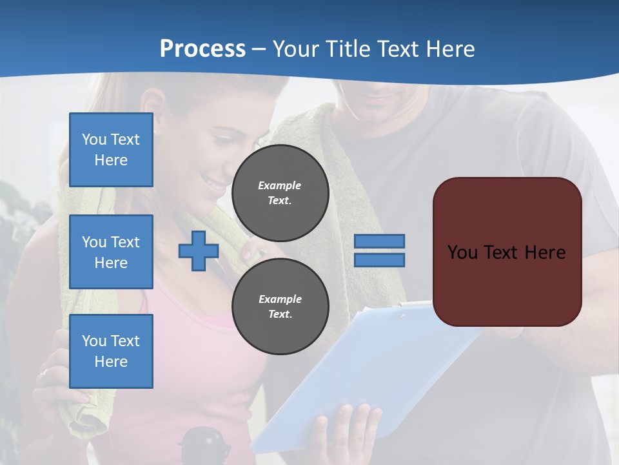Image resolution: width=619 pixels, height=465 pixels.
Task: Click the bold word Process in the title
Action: [x=202, y=49]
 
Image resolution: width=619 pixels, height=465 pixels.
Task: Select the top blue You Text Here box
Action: [x=111, y=150]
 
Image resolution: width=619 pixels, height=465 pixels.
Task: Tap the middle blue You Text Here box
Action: [x=111, y=252]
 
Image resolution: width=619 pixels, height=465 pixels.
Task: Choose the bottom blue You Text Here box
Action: [x=111, y=351]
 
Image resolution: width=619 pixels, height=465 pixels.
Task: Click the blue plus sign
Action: [x=199, y=251]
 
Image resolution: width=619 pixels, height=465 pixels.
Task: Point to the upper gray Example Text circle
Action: [x=280, y=193]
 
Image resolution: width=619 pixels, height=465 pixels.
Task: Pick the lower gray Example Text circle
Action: [x=280, y=307]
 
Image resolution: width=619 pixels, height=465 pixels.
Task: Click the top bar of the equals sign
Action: [x=379, y=242]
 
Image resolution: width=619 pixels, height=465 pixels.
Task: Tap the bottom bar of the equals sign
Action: [x=379, y=260]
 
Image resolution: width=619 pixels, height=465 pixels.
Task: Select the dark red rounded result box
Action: [x=507, y=252]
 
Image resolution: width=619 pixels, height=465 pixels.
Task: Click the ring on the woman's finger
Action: [x=44, y=373]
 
